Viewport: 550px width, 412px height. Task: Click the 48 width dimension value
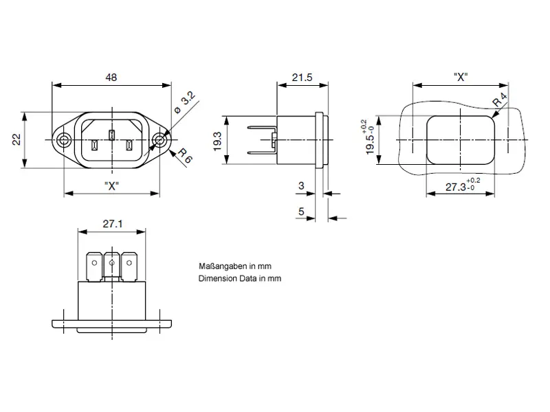click(111, 78)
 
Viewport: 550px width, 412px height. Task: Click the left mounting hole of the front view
click(64, 140)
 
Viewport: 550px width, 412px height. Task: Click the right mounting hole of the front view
click(160, 140)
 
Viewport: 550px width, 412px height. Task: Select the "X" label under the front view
click(112, 186)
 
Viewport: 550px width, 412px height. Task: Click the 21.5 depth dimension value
click(301, 78)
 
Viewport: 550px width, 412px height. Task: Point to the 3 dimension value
click(301, 186)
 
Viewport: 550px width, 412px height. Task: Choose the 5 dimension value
click(301, 211)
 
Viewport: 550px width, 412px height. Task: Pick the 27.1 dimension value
click(112, 224)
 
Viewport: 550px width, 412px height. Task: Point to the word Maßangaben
click(218, 266)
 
